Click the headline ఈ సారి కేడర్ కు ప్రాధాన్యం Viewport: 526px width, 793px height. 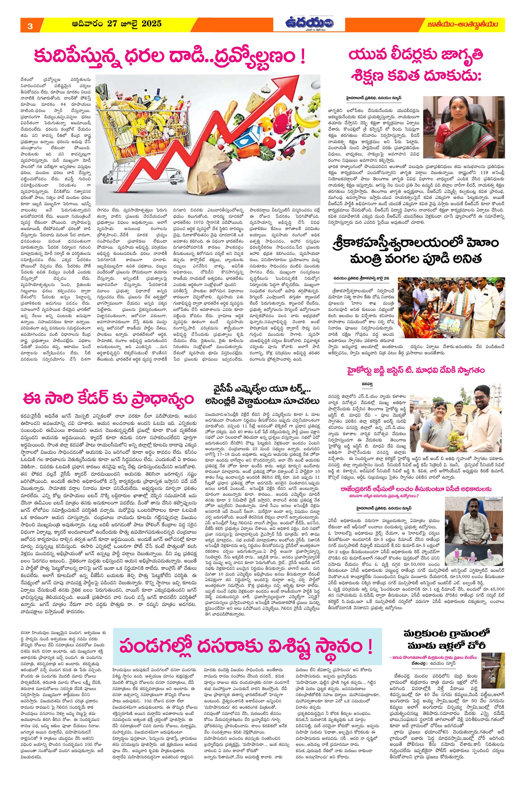tap(108, 399)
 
